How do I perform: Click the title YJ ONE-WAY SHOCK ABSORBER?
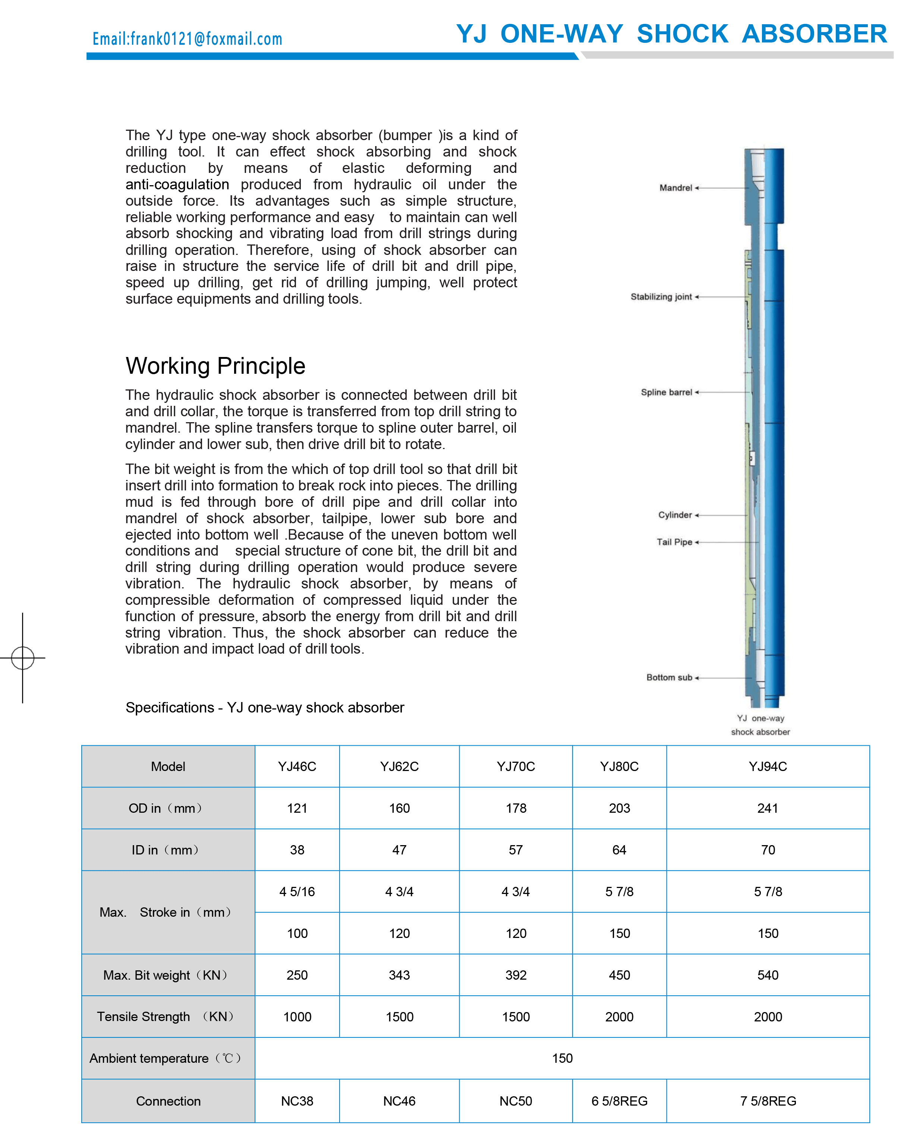click(671, 34)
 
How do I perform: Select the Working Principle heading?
click(215, 366)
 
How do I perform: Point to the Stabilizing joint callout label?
click(661, 297)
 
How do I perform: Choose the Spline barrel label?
click(666, 392)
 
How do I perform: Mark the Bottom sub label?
click(669, 677)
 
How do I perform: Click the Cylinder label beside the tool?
click(675, 515)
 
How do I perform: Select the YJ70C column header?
click(516, 767)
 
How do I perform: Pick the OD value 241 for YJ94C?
click(768, 808)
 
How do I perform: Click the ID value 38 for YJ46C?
click(297, 850)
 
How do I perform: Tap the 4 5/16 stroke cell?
click(297, 891)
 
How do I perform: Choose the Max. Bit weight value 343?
click(399, 975)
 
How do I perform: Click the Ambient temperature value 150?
click(563, 1058)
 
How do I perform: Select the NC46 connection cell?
click(399, 1101)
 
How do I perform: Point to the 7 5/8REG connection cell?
click(768, 1101)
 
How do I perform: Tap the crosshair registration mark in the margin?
click(23, 658)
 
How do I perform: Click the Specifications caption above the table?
click(265, 708)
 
